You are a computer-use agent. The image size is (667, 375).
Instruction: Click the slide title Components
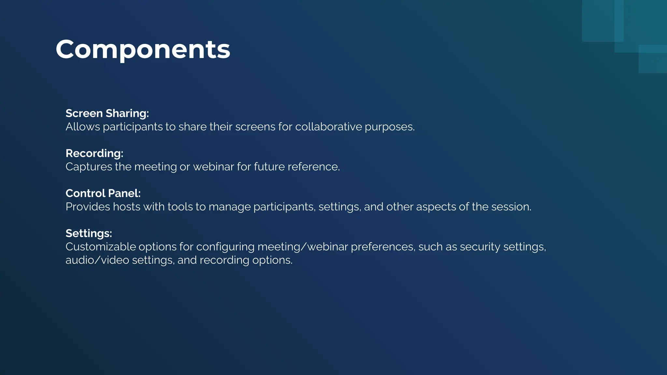(x=143, y=49)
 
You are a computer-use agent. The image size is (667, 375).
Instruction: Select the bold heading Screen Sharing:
(x=107, y=113)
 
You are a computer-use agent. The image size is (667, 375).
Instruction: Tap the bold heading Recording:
(x=94, y=153)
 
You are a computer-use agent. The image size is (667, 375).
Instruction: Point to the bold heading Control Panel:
(x=103, y=193)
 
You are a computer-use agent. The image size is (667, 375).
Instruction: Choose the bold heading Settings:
(x=89, y=233)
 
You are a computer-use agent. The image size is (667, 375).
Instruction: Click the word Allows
(x=83, y=127)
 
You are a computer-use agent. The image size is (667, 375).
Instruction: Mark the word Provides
(x=88, y=207)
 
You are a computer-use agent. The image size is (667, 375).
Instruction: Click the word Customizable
(x=101, y=247)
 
